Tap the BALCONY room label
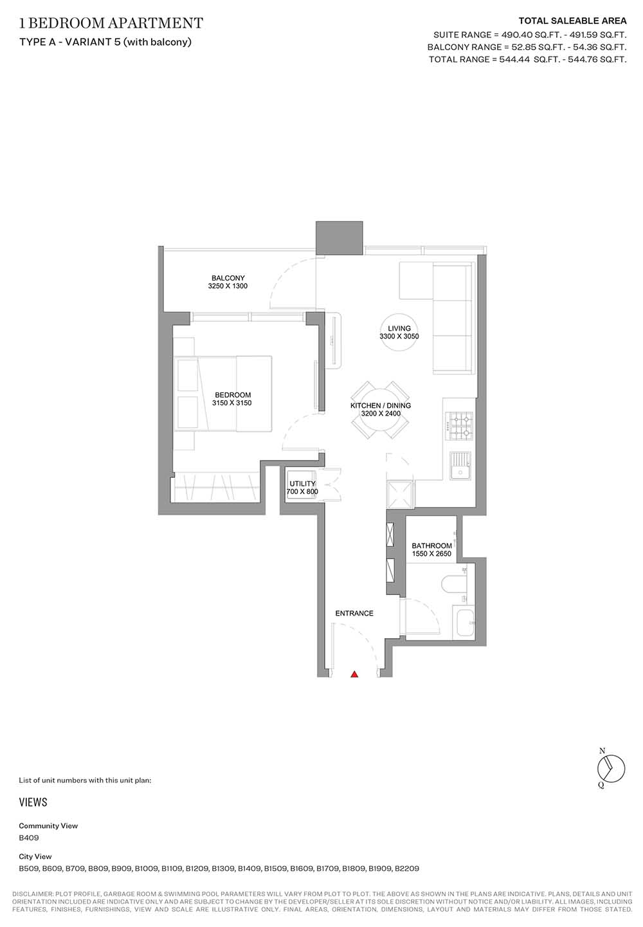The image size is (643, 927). pyautogui.click(x=228, y=278)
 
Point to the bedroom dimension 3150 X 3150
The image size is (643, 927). pyautogui.click(x=231, y=403)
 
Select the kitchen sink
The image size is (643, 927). pyautogui.click(x=461, y=466)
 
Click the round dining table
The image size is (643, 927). pyautogui.click(x=380, y=410)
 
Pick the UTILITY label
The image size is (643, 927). pyautogui.click(x=302, y=483)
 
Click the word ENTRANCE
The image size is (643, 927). pyautogui.click(x=354, y=613)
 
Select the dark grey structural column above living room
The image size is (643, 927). pyautogui.click(x=340, y=238)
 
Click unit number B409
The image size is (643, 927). pyautogui.click(x=29, y=838)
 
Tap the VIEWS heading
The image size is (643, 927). pyautogui.click(x=33, y=802)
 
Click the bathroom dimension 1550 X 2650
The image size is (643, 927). pyautogui.click(x=431, y=554)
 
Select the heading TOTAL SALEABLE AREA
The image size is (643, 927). pyautogui.click(x=573, y=21)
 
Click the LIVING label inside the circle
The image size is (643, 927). pyautogui.click(x=399, y=328)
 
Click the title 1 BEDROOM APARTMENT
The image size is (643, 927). pyautogui.click(x=111, y=23)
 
